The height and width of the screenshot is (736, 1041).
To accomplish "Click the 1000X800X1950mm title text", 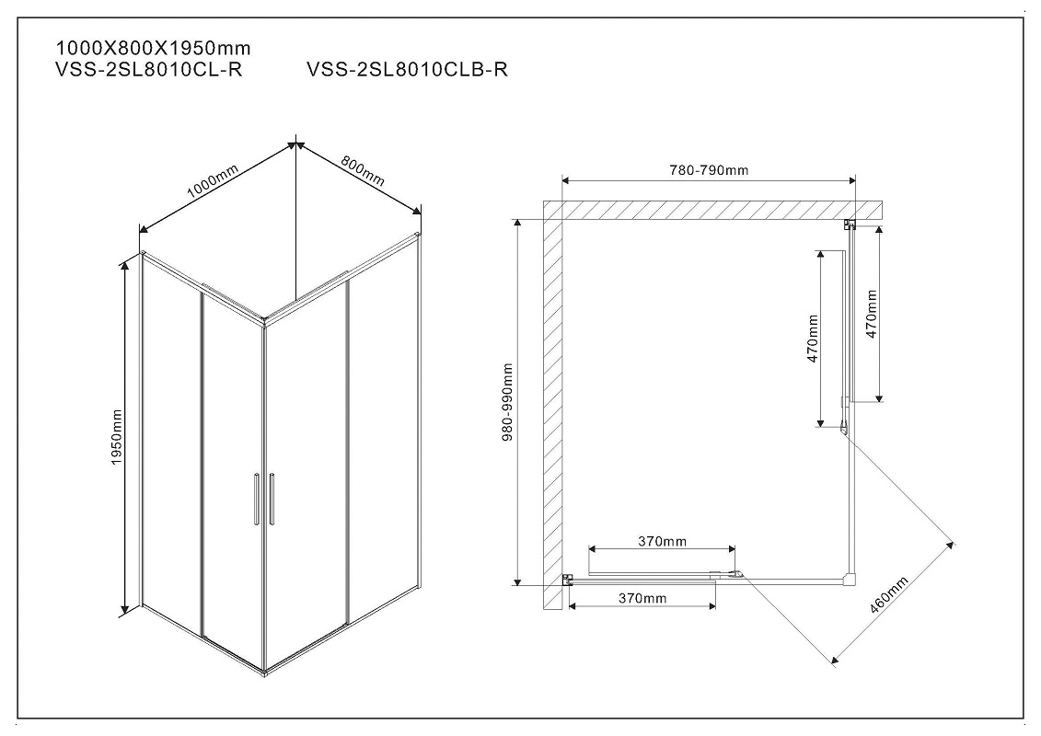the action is click(154, 49).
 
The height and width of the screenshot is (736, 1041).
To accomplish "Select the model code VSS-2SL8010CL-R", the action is click(149, 70).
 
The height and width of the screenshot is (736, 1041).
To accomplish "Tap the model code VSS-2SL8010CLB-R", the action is click(408, 70).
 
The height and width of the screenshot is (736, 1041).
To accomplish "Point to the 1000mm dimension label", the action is click(213, 180).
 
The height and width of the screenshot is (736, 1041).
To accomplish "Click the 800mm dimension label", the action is click(363, 170).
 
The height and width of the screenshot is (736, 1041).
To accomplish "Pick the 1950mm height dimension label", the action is click(117, 437).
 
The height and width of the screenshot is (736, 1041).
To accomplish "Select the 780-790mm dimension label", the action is click(709, 170).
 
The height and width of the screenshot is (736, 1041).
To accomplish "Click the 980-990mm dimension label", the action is click(508, 402).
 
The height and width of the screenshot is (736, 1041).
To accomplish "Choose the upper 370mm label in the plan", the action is click(663, 542).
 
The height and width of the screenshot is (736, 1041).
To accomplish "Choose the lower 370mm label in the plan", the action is click(642, 599).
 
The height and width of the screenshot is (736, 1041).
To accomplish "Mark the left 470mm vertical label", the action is click(813, 339).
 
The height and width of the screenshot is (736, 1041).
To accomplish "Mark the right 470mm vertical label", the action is click(872, 314).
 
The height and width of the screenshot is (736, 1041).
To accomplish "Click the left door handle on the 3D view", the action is click(256, 499).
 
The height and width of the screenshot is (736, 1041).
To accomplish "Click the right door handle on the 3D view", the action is click(272, 499).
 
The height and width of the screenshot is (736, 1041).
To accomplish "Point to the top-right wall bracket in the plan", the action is click(850, 224).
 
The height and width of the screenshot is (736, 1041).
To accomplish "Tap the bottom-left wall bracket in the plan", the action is click(568, 580).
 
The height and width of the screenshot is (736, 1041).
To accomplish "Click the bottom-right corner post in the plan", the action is click(850, 580).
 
